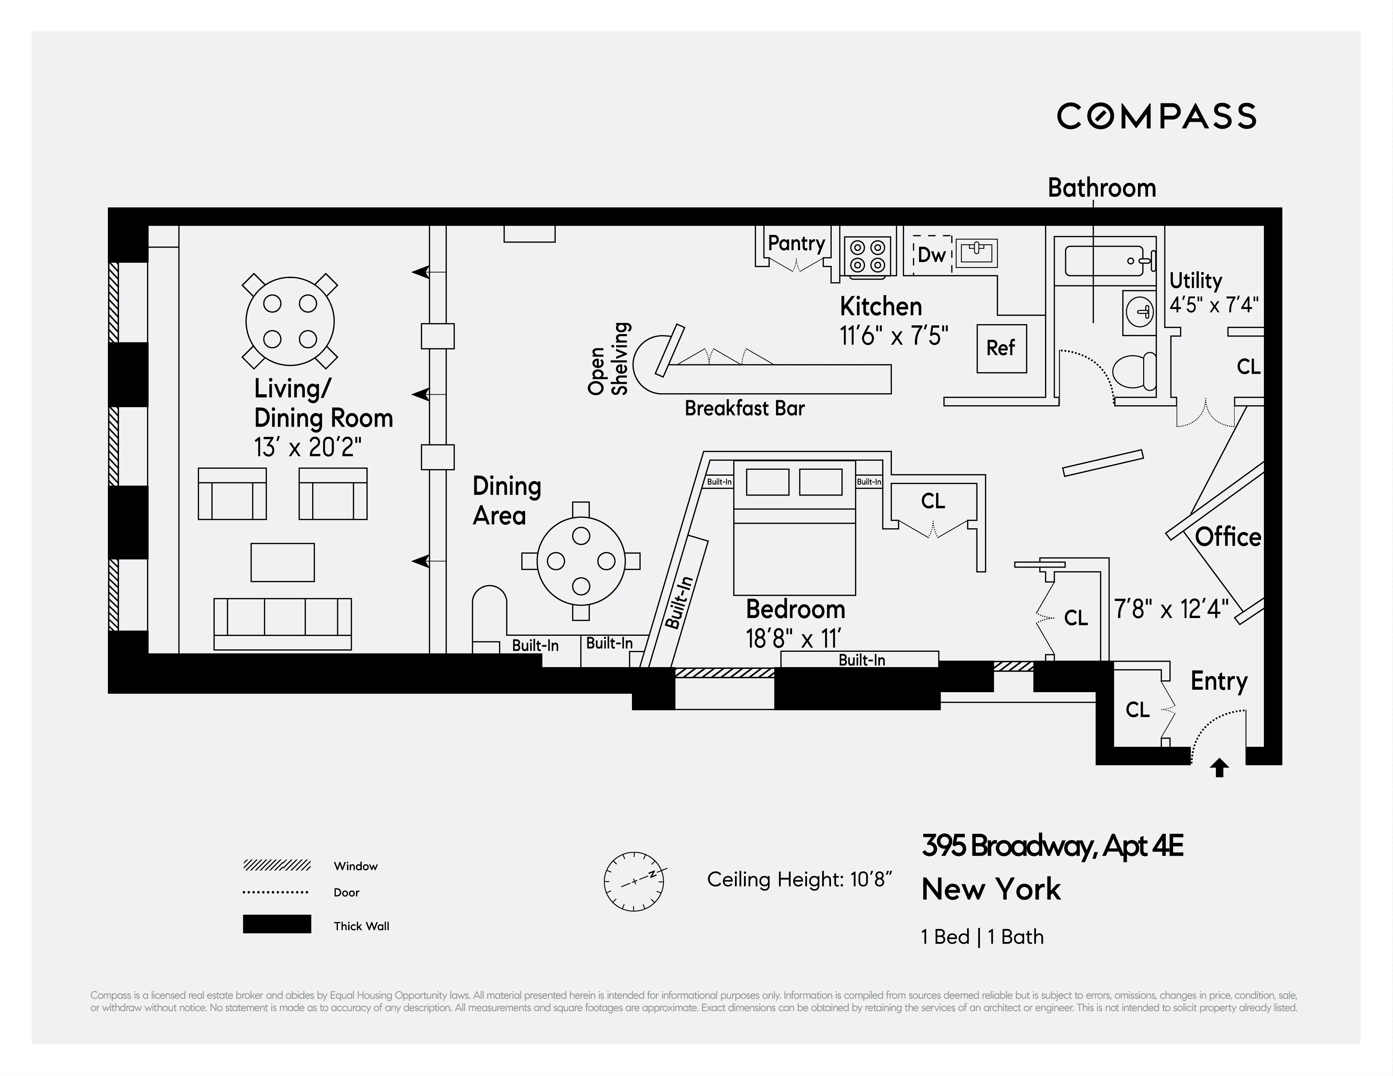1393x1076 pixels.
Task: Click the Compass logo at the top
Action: click(x=1156, y=116)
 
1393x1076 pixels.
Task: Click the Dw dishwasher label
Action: click(x=931, y=255)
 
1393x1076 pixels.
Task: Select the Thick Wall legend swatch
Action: click(x=277, y=924)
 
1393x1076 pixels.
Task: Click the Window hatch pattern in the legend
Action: click(x=277, y=865)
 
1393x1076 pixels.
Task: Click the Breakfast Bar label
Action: click(x=744, y=408)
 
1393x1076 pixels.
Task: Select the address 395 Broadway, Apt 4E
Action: click(x=1052, y=846)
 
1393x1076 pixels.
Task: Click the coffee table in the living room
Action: click(x=283, y=562)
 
